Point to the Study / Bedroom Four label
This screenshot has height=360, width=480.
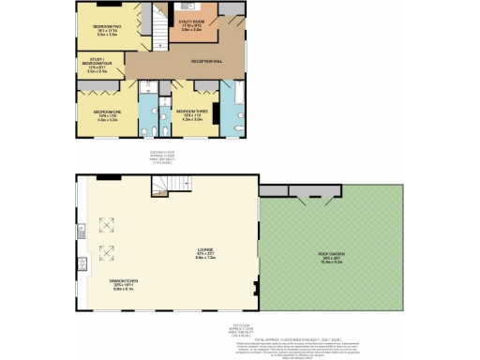pos(93,67)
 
